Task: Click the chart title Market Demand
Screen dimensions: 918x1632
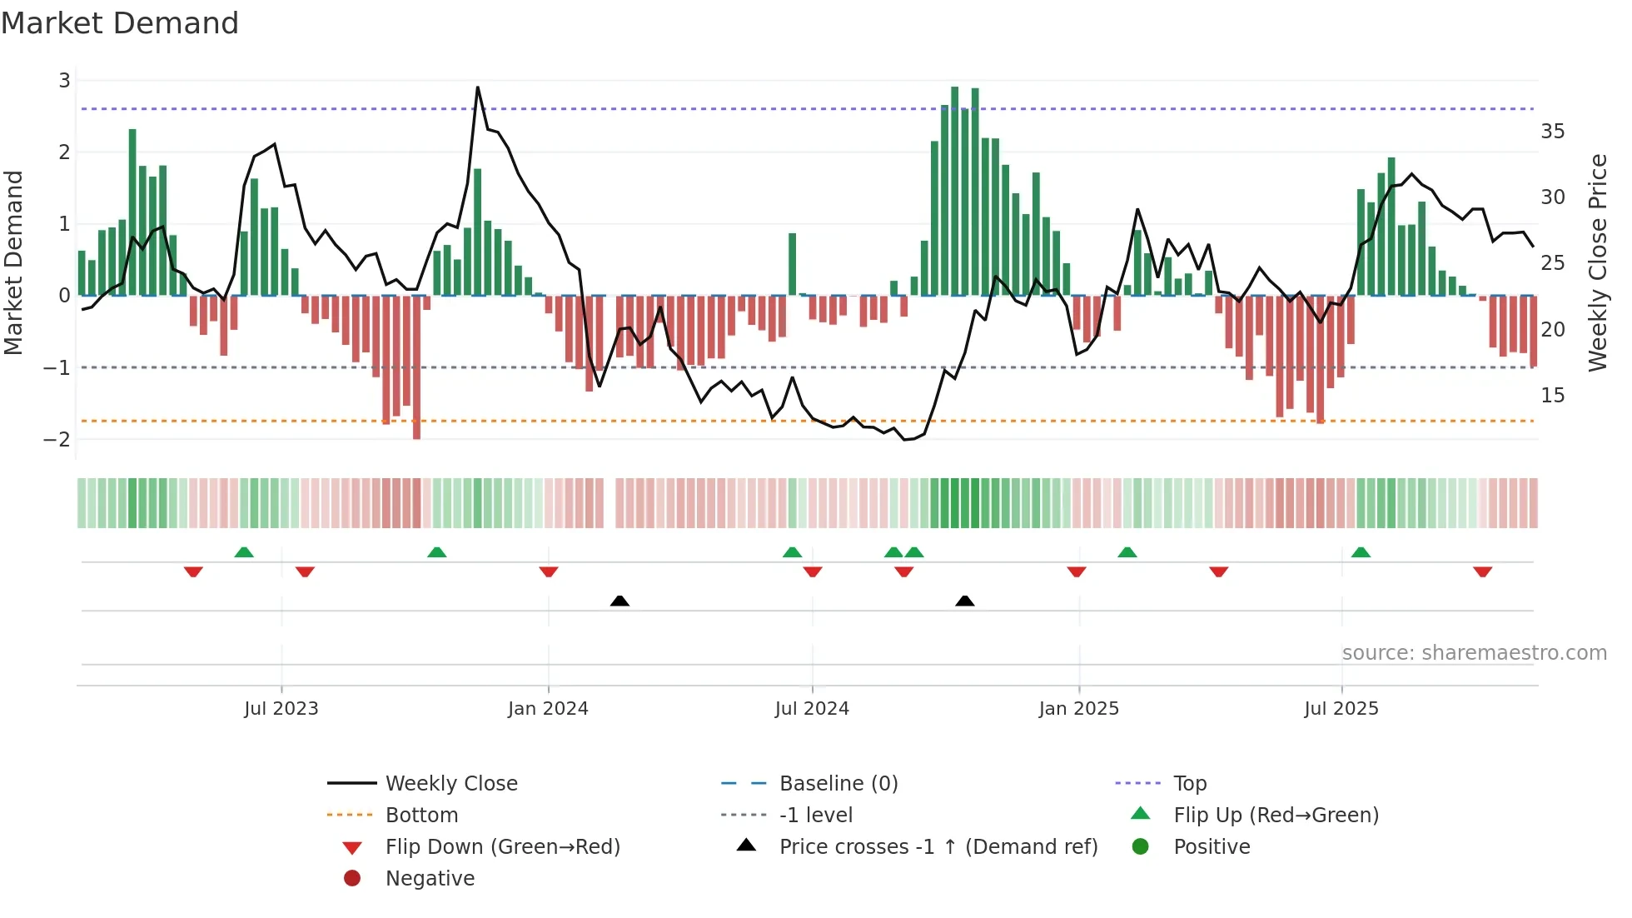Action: (120, 22)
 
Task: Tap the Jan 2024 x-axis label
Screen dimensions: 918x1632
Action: (548, 709)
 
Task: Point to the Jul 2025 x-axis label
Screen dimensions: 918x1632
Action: (1341, 709)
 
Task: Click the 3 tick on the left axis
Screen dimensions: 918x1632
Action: (64, 81)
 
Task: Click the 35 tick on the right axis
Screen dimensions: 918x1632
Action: (1552, 132)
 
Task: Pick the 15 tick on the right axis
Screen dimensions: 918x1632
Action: (1552, 396)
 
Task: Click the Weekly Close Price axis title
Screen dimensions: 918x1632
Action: (1597, 262)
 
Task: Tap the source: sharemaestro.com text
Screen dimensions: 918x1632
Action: (1474, 653)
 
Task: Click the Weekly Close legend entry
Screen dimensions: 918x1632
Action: (451, 784)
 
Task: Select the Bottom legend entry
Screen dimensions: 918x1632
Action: (421, 816)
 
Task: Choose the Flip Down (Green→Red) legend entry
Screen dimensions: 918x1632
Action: (502, 847)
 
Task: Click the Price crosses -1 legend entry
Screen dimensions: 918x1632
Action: (938, 847)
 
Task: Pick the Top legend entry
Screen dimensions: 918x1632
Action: (1190, 784)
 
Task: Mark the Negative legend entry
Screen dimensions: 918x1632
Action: (430, 879)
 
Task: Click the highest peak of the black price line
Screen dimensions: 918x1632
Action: (477, 87)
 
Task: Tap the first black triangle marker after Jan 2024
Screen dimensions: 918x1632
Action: (619, 601)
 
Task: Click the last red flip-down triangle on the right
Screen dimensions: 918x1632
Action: (1482, 571)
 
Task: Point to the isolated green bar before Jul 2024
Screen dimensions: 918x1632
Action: (793, 264)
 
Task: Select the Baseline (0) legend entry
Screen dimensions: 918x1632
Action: (838, 784)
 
